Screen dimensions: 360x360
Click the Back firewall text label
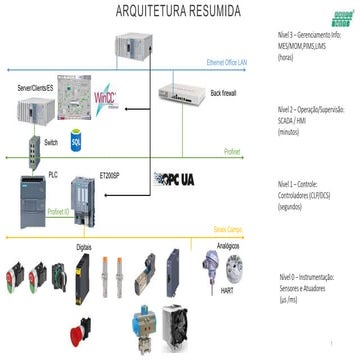226,92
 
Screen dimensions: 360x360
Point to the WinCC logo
106,101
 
